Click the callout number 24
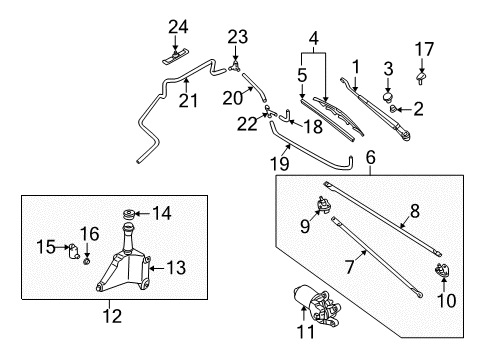(178, 27)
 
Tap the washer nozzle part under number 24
(175, 57)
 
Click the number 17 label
(424, 49)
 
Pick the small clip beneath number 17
(421, 79)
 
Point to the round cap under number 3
(388, 97)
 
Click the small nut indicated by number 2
(393, 108)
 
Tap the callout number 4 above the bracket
(314, 39)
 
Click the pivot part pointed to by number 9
(323, 204)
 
